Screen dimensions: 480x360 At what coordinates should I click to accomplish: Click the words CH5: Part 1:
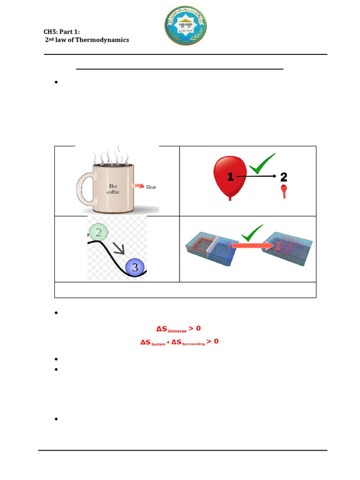point(61,31)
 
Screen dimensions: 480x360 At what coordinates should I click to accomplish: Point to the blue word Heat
point(151,187)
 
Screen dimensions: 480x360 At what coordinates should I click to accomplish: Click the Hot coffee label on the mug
point(112,189)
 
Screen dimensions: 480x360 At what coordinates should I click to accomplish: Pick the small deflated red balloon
point(284,191)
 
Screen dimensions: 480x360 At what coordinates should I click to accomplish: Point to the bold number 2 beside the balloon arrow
point(284,177)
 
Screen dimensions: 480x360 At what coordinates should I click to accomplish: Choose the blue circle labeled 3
point(135,267)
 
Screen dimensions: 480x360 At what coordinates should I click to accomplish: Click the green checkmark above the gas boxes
point(254,232)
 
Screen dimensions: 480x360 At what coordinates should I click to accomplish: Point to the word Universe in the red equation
point(177,330)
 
